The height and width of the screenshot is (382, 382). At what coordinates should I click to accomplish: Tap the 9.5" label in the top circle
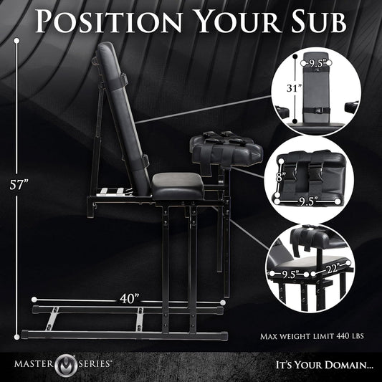pyautogui.click(x=316, y=63)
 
